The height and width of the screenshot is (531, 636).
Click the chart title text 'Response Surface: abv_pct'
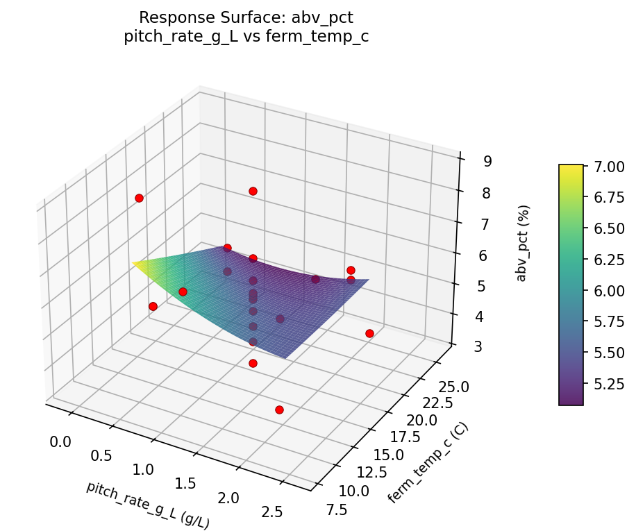(246, 17)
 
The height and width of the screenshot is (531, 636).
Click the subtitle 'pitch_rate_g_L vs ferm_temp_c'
(246, 37)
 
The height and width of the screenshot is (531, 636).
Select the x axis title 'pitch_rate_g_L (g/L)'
(147, 505)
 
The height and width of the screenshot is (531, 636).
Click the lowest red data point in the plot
(279, 410)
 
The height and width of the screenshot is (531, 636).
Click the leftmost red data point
(139, 199)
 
